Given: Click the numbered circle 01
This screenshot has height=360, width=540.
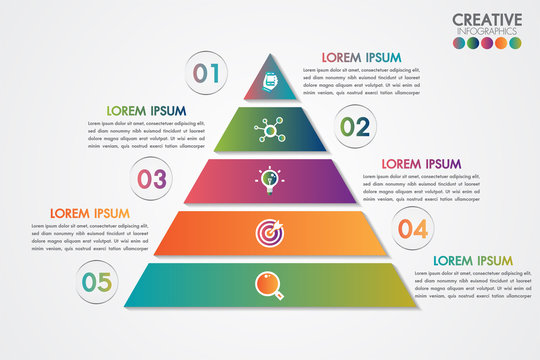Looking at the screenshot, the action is tap(206, 72).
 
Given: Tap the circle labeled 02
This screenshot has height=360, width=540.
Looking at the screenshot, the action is tap(355, 126).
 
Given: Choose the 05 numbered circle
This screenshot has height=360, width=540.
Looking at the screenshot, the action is tap(97, 282).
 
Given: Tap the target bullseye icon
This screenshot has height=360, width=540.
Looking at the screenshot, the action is tap(268, 232).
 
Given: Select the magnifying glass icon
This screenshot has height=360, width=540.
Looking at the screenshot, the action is tap(268, 284).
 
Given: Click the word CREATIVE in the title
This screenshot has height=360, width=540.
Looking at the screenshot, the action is tap(487, 19).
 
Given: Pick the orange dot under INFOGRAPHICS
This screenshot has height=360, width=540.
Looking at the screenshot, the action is tap(501, 44).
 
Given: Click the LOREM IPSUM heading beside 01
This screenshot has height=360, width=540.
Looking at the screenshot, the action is tap(361, 57).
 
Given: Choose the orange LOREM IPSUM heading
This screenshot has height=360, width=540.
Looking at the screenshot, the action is tap(89, 213).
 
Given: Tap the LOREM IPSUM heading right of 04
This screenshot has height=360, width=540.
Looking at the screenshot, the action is tap(472, 260).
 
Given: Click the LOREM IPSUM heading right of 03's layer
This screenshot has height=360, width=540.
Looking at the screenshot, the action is tap(421, 163).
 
